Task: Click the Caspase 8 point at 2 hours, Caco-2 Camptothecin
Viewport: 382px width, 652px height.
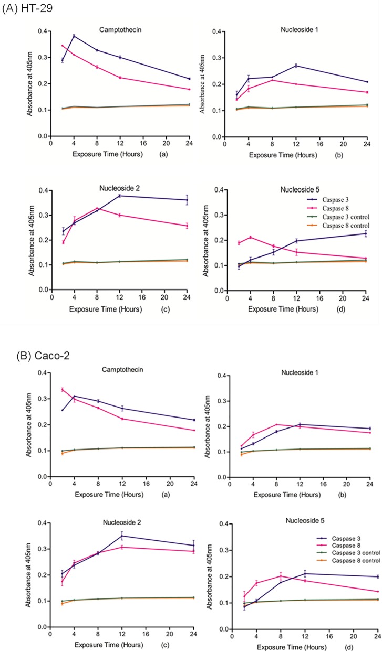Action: [x=63, y=390]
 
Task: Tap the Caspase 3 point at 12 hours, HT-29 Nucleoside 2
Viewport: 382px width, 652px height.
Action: [x=120, y=196]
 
